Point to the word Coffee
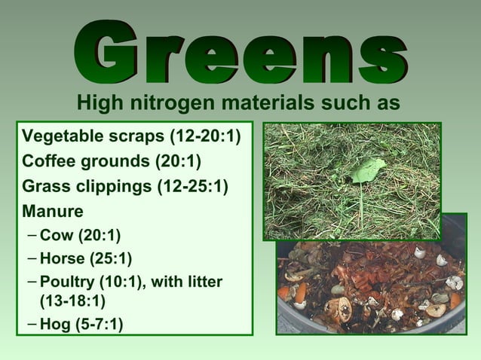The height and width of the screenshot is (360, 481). pos(47,161)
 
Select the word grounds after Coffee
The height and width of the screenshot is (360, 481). pos(114,161)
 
